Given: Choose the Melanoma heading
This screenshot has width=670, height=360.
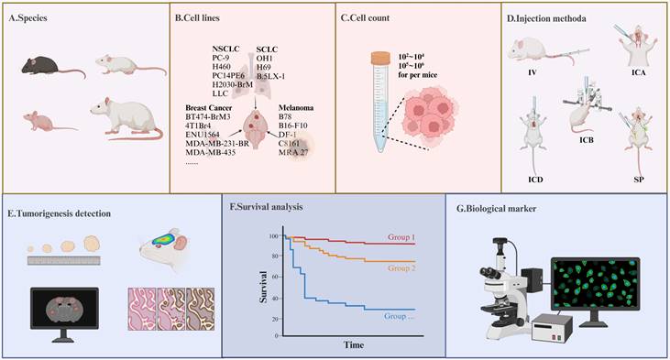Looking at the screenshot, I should pyautogui.click(x=300, y=107).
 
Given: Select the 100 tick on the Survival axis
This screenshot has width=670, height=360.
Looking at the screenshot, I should pyautogui.click(x=272, y=236).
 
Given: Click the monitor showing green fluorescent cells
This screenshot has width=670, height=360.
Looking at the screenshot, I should pyautogui.click(x=593, y=283).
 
